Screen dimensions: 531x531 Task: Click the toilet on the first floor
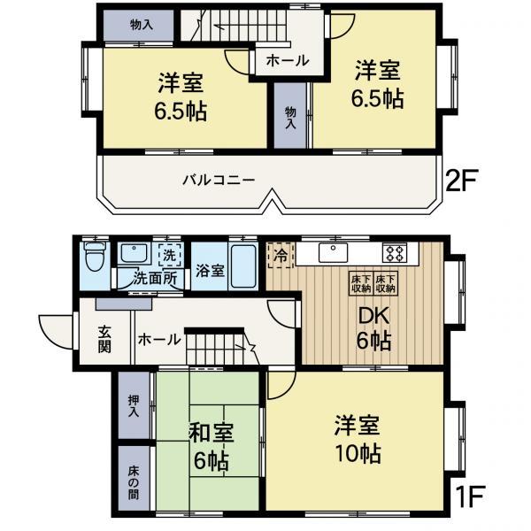[95, 257]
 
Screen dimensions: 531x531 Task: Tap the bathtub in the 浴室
[243, 265]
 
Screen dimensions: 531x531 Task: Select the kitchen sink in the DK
[334, 252]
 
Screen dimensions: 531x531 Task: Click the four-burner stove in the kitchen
[395, 252]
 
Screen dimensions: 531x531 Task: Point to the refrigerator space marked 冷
[281, 255]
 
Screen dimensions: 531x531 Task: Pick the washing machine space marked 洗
[170, 254]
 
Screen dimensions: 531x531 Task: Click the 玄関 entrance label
[104, 339]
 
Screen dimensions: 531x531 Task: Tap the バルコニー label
[219, 180]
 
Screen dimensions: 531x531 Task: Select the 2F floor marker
[460, 181]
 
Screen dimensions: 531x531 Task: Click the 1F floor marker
[470, 496]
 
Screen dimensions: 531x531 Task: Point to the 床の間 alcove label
[134, 483]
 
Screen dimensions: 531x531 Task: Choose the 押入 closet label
[134, 405]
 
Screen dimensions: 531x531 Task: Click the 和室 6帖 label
[211, 446]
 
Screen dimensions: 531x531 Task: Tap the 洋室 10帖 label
[358, 439]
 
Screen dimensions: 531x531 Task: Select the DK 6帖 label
[373, 328]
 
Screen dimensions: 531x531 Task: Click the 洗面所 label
[155, 279]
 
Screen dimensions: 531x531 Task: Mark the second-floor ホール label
[288, 61]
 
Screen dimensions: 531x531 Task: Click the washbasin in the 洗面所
[135, 253]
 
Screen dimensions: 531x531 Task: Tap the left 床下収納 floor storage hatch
[361, 283]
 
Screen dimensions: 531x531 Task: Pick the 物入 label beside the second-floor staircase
[142, 25]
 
